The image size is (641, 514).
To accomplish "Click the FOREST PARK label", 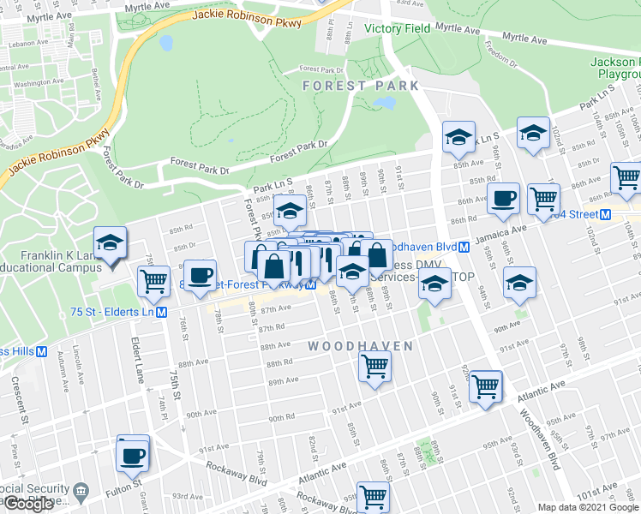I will tap(360, 86).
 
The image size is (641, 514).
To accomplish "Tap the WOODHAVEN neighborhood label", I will tap(360, 346).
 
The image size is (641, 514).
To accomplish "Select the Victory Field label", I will tap(396, 28).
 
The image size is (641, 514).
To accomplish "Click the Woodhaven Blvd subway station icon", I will tap(463, 247).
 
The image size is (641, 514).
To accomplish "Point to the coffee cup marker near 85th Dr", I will tap(200, 276).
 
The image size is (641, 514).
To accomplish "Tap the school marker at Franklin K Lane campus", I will tap(111, 243).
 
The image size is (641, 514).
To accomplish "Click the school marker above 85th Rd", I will tap(290, 211).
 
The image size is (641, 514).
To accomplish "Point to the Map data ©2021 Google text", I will tap(588, 507).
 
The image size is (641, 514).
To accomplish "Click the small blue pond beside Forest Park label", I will tap(384, 102).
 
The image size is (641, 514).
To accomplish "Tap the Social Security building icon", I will tap(81, 492).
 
